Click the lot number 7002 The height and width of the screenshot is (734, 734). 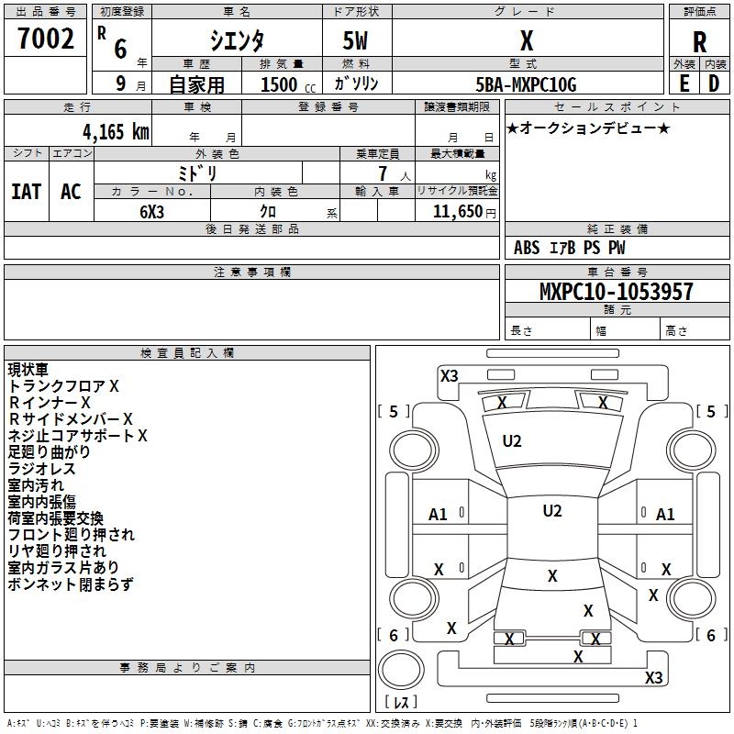click(x=46, y=39)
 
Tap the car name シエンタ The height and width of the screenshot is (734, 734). click(x=237, y=40)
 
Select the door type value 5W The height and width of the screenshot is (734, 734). click(x=355, y=40)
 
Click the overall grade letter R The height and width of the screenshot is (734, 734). click(x=699, y=42)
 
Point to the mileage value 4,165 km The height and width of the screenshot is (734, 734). click(x=117, y=132)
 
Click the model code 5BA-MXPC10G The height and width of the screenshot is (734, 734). click(x=526, y=84)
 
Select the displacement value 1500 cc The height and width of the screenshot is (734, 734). click(x=288, y=84)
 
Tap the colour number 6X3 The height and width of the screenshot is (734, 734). click(x=152, y=212)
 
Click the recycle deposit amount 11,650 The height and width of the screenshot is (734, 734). click(x=458, y=212)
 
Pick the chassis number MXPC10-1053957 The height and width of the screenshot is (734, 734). click(x=616, y=291)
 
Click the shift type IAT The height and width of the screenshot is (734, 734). click(x=27, y=192)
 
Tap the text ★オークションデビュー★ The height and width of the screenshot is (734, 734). click(x=588, y=128)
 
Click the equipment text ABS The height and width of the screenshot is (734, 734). click(x=527, y=248)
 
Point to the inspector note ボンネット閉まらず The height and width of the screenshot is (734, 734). click(x=71, y=584)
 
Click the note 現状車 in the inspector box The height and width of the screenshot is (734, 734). click(x=28, y=370)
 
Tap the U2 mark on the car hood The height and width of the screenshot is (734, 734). click(x=512, y=441)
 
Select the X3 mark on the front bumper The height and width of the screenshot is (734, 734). click(x=449, y=376)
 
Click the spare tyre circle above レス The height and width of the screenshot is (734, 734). click(x=401, y=670)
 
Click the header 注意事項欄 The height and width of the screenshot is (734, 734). click(x=252, y=272)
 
